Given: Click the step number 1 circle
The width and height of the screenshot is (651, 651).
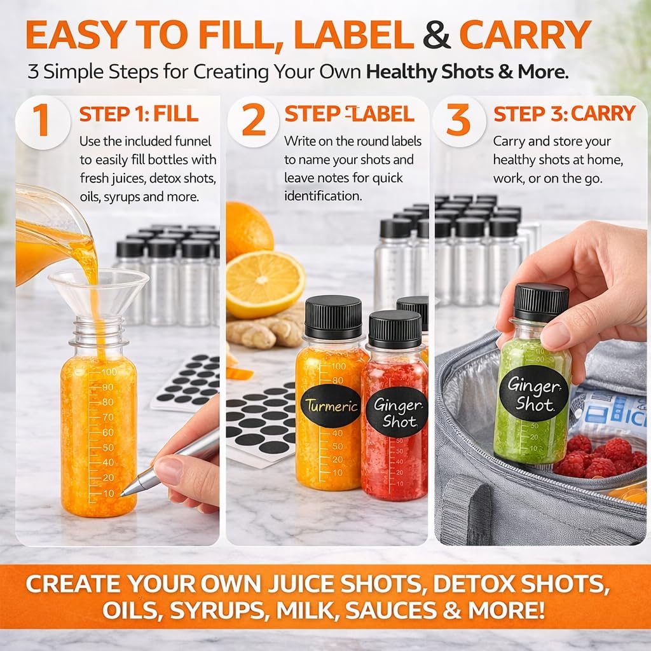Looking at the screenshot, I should (x=41, y=120).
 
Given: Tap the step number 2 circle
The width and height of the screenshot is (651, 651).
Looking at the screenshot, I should (x=254, y=120).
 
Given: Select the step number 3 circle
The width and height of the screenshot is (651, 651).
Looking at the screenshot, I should (x=458, y=120).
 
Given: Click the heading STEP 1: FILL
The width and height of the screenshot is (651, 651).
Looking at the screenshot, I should (x=139, y=114).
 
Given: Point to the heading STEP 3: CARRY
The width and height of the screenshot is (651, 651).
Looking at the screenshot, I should (x=565, y=114).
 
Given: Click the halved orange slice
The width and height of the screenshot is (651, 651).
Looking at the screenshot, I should (x=265, y=284).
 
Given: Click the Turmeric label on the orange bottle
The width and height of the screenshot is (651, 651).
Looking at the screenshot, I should (x=331, y=406).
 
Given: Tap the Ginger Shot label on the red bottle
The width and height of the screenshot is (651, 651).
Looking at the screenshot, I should (x=395, y=412).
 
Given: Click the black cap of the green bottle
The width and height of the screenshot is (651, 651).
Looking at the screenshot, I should (x=540, y=302).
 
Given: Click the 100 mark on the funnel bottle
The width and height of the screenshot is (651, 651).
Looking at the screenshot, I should (x=108, y=371).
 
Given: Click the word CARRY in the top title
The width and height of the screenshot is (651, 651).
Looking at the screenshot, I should (x=524, y=37).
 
